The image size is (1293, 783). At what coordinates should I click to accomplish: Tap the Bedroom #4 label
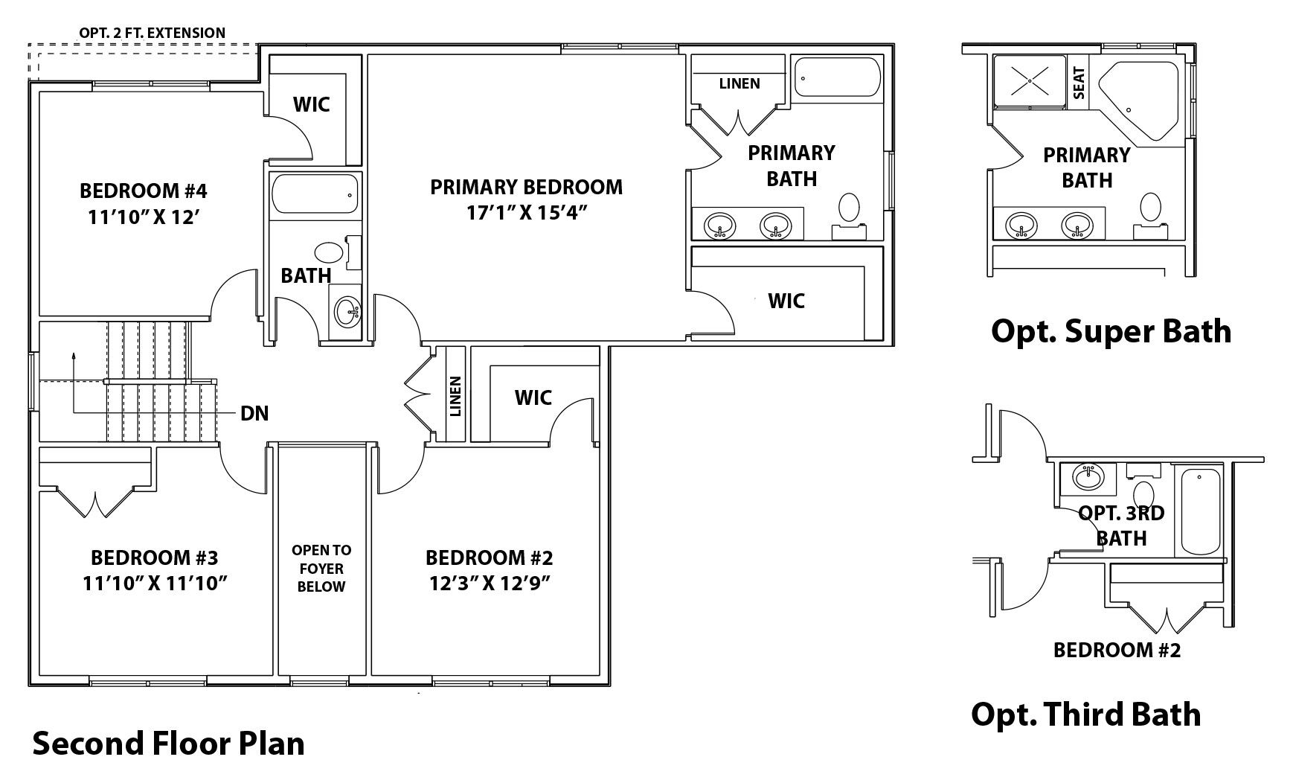(143, 191)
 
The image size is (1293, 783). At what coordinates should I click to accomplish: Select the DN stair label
(254, 413)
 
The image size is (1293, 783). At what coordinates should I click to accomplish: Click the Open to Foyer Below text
(321, 568)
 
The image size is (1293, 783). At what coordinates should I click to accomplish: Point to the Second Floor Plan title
(169, 744)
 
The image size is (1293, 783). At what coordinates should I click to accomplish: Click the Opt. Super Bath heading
(1111, 330)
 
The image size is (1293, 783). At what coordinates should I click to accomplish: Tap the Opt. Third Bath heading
(1085, 714)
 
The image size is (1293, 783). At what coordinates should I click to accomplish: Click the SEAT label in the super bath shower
(1079, 83)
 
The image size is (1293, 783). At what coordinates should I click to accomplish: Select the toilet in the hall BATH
(326, 252)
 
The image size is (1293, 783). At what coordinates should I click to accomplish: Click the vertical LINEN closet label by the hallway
(456, 396)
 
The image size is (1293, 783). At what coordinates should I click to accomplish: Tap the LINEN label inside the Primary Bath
(739, 83)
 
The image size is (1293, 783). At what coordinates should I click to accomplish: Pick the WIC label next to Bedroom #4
(311, 104)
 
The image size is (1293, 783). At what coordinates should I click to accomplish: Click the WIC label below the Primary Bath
(786, 301)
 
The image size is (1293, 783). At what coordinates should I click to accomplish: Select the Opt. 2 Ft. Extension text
(152, 33)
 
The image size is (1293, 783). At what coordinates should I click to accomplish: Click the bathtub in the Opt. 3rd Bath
(1201, 510)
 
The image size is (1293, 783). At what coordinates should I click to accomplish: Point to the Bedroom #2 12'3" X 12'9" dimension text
(489, 584)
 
